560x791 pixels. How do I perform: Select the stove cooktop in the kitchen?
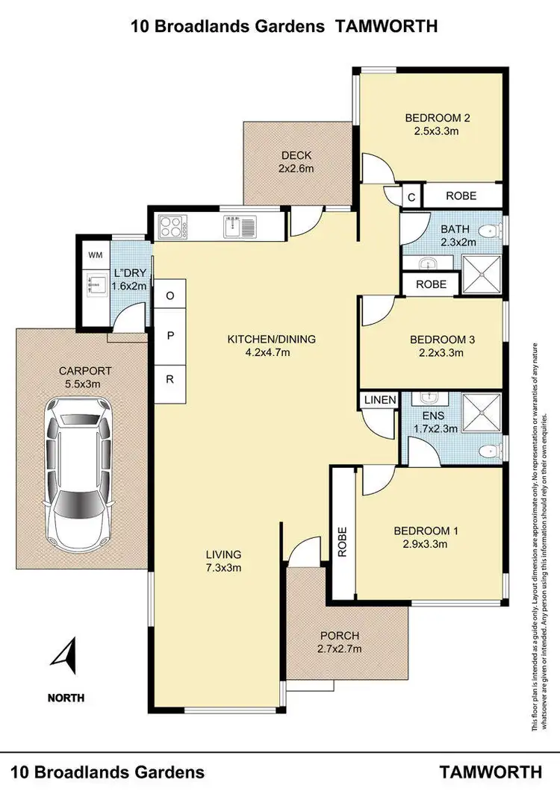(171, 226)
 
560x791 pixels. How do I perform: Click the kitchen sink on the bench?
(239, 225)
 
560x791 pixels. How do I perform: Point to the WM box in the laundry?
(95, 255)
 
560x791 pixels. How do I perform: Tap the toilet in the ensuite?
(490, 450)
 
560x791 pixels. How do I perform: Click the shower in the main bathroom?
(481, 273)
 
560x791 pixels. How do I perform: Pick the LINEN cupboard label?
(380, 400)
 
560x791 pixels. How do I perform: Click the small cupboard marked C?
(411, 196)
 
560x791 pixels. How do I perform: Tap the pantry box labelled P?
(170, 337)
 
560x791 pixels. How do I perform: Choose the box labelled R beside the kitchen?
(170, 379)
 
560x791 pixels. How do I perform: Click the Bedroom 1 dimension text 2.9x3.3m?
(424, 544)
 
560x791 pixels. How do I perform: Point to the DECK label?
(296, 155)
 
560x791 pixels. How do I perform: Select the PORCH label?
(340, 636)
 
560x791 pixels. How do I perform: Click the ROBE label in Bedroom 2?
(461, 196)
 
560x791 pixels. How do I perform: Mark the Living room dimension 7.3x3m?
(224, 567)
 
